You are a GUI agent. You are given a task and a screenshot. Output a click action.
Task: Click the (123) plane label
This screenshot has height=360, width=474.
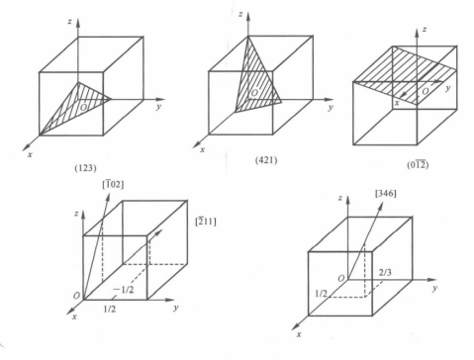86,168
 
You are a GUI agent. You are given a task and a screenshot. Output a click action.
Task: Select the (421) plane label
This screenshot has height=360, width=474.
266,160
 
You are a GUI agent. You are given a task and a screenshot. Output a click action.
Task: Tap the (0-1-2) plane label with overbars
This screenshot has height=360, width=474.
418,164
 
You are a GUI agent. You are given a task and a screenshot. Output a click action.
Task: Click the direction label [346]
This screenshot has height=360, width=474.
386,193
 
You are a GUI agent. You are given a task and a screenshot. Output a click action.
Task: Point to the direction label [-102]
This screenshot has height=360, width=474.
113,184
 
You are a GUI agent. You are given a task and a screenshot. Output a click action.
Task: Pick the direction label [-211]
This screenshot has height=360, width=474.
206,222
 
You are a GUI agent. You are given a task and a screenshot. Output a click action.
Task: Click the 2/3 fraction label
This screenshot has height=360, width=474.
385,272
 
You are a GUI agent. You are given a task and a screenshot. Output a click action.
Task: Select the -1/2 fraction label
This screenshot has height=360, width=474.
124,290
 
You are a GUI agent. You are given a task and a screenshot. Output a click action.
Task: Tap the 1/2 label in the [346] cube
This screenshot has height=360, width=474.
321,294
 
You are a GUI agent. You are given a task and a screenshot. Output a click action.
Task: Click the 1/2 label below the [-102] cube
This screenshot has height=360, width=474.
110,309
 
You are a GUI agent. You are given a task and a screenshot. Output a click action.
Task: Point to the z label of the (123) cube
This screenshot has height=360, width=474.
69,22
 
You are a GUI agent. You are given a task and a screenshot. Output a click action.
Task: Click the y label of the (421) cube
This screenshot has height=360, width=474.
331,107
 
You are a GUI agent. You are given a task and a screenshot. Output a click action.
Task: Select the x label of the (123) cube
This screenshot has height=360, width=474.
30,154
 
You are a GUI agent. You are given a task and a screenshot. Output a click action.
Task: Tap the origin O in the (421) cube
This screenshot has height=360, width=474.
254,93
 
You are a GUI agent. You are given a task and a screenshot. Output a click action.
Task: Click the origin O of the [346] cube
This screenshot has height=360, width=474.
341,279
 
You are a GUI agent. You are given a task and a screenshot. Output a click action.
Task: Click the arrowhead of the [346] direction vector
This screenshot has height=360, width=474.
381,205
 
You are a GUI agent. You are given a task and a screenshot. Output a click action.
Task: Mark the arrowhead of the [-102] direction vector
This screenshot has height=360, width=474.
108,198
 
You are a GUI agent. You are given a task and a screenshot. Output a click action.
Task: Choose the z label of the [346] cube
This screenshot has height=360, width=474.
339,198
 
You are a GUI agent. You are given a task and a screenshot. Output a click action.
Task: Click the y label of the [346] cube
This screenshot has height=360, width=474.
435,288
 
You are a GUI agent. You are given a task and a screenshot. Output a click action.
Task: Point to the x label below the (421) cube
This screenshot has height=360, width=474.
202,150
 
